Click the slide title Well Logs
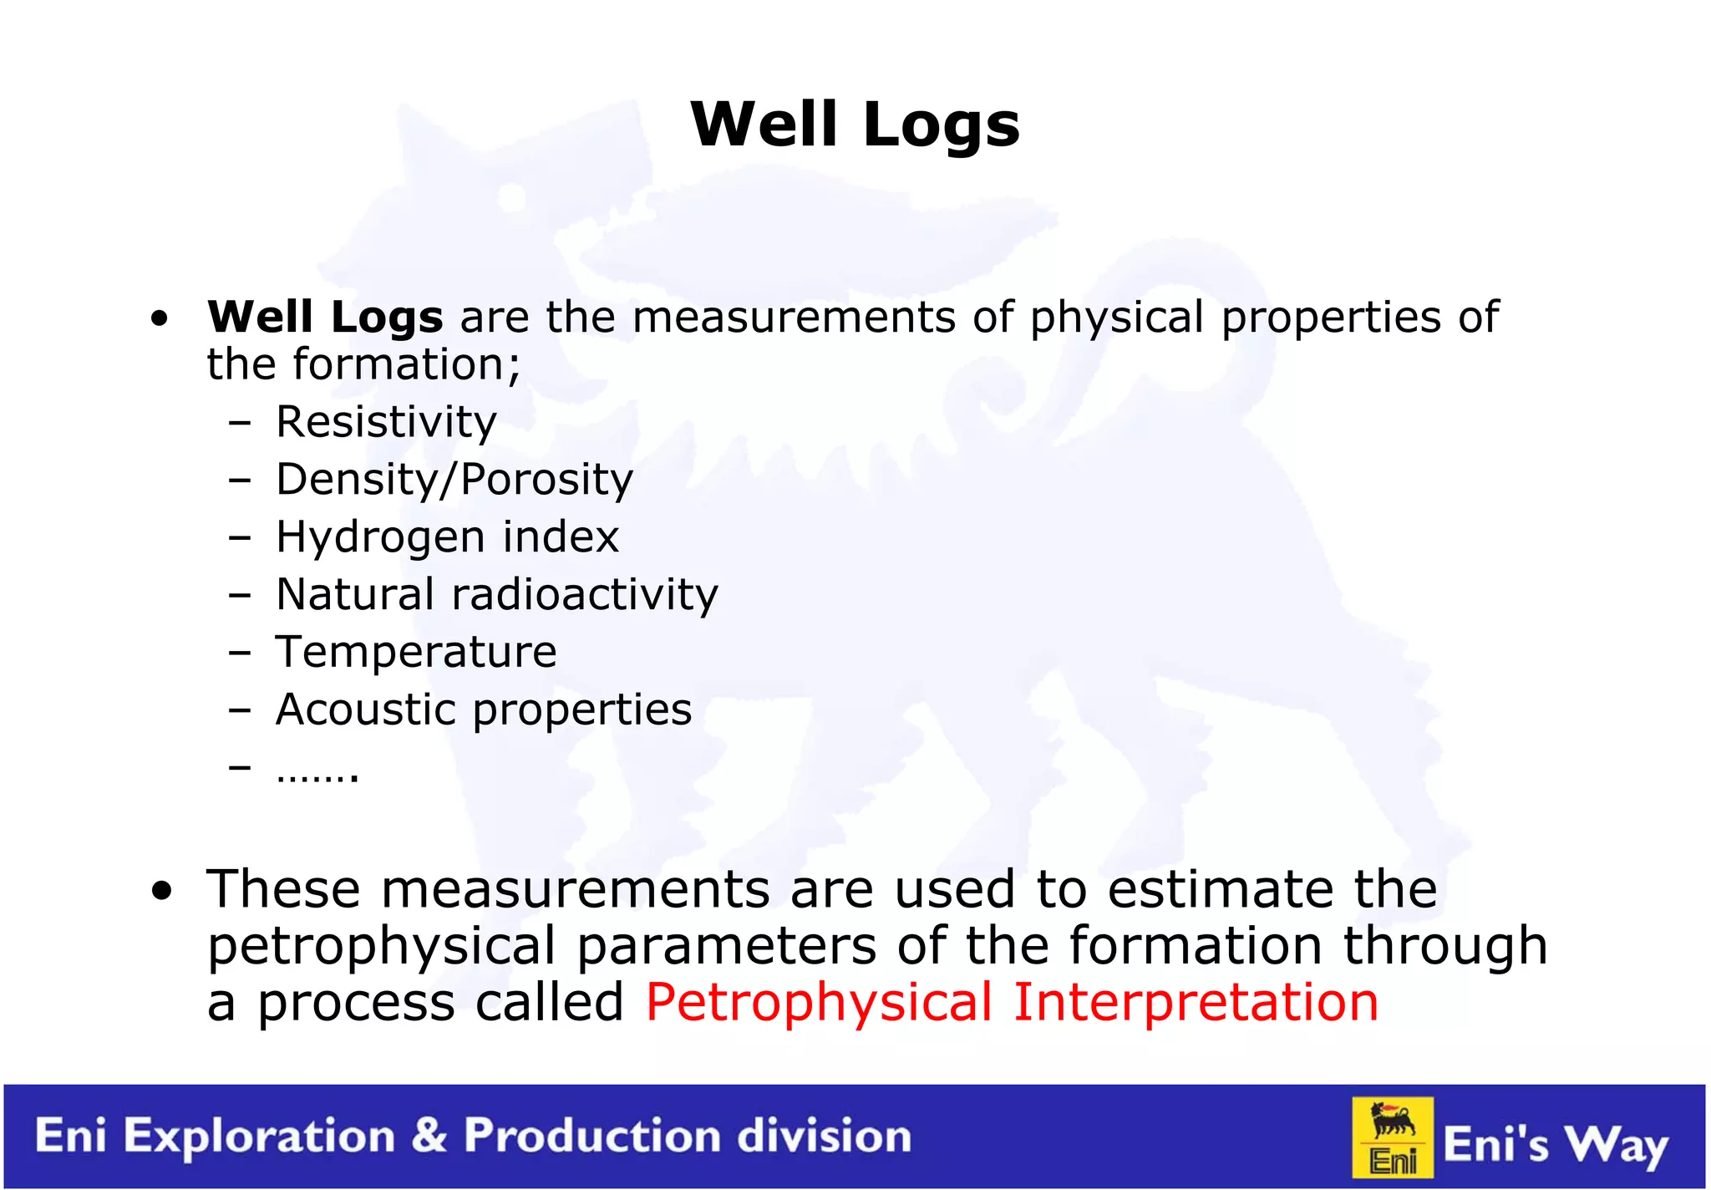[x=855, y=125]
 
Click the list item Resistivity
[x=386, y=422]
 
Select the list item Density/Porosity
[x=454, y=480]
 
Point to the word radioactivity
[x=585, y=594]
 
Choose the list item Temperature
[x=416, y=652]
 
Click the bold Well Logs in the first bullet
[x=325, y=318]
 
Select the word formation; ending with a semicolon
[x=406, y=365]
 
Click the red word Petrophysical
[x=819, y=1002]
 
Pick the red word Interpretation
[x=1196, y=1002]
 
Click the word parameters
[x=726, y=947]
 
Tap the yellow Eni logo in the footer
[x=1393, y=1137]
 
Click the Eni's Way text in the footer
[x=1555, y=1144]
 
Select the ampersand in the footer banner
[x=429, y=1136]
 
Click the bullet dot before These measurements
[x=161, y=891]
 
